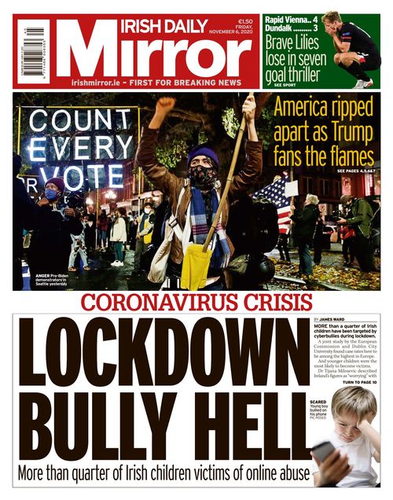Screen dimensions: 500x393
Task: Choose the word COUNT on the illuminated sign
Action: coord(77,121)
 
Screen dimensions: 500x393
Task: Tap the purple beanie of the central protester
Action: coord(203,155)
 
